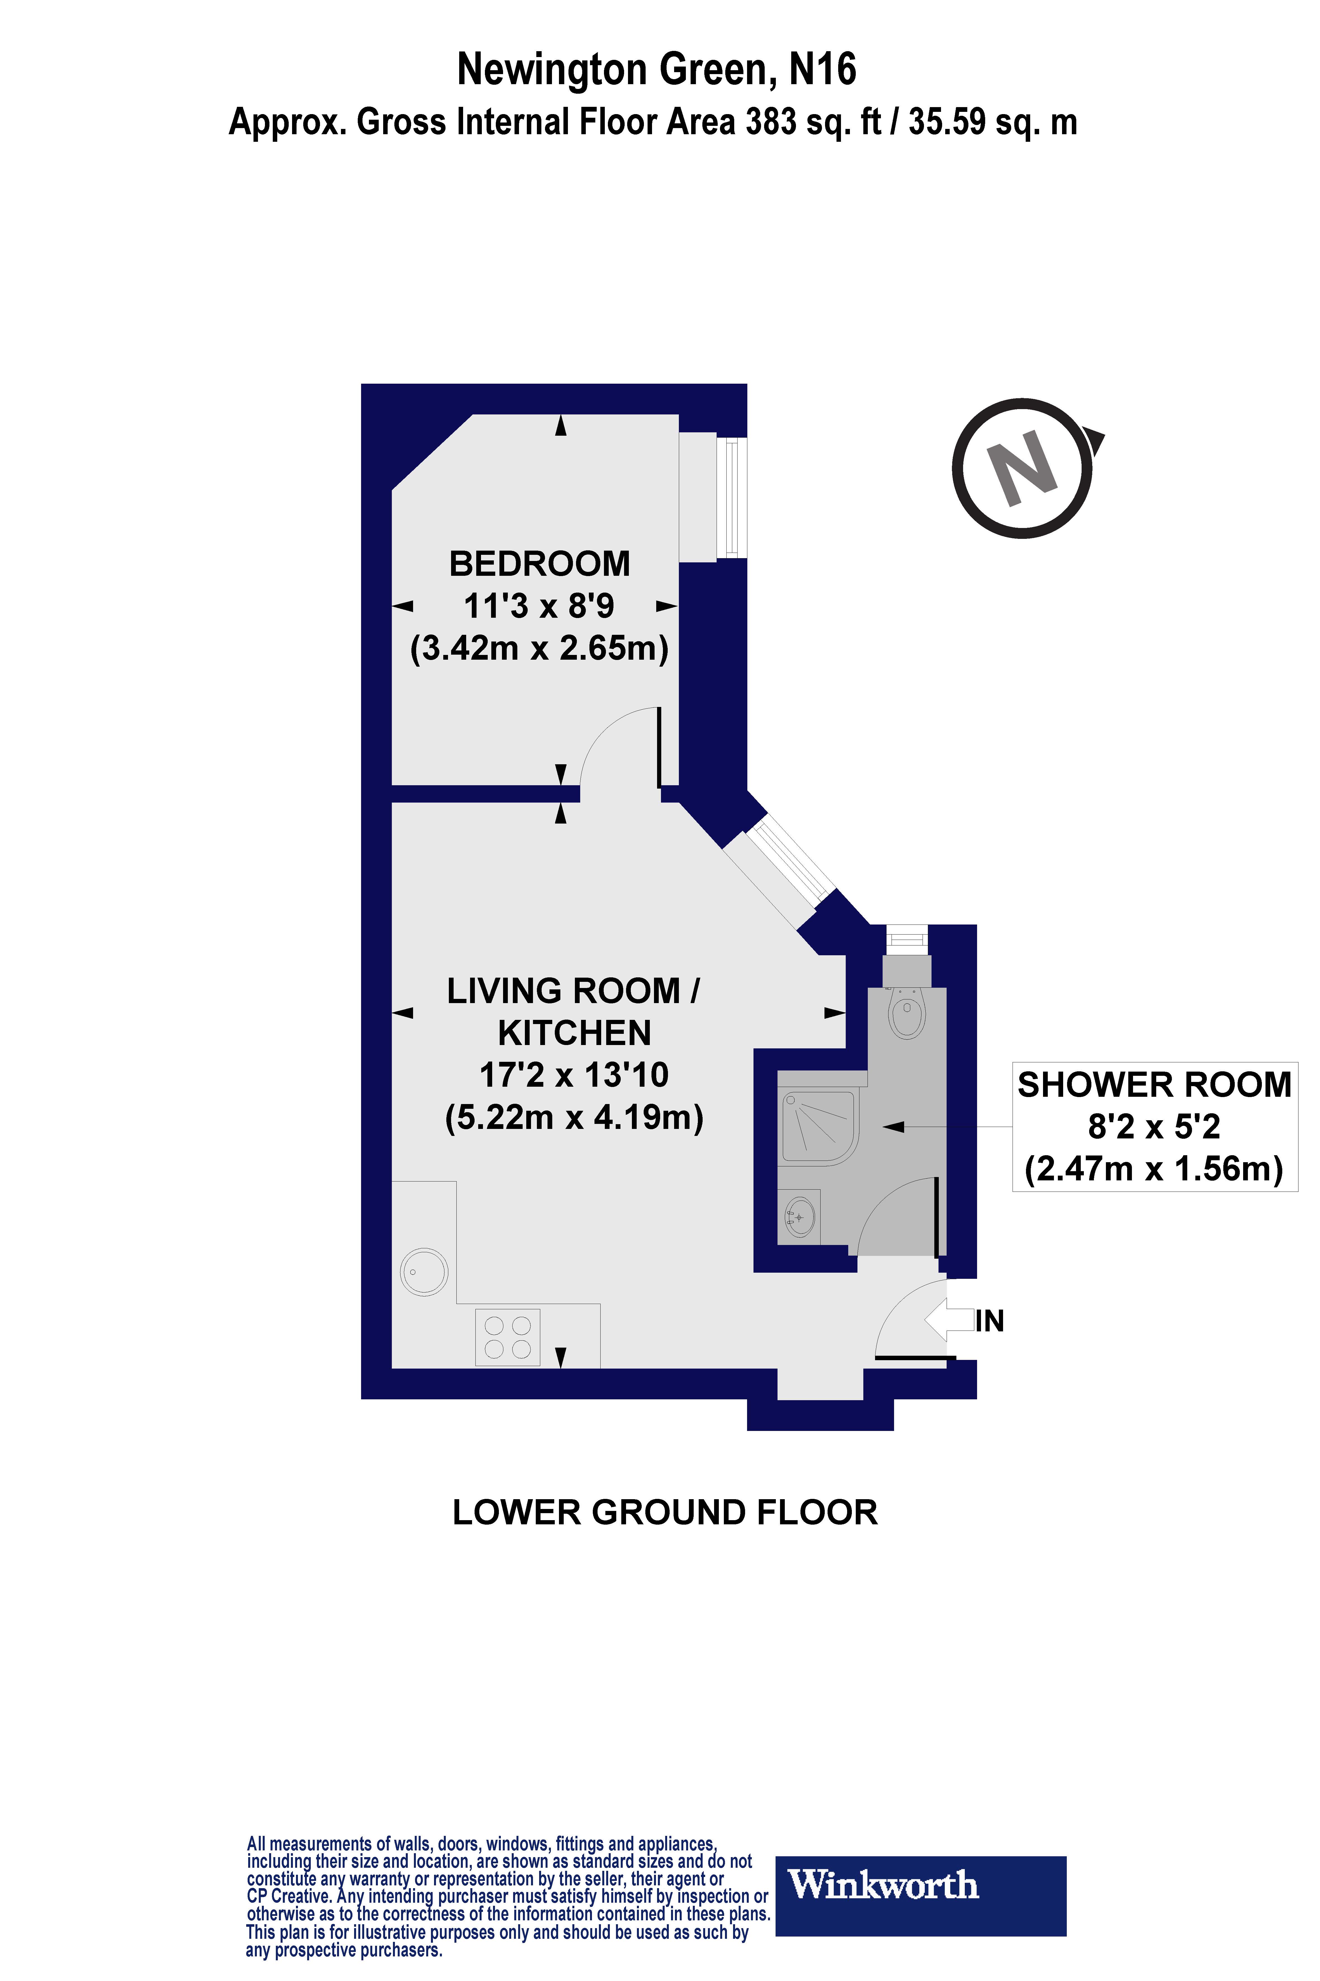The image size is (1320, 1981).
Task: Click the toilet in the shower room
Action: click(x=907, y=1014)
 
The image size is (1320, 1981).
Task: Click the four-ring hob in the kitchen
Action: click(x=508, y=1337)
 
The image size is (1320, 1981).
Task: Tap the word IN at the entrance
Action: click(x=991, y=1321)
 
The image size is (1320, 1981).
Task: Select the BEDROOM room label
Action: click(x=540, y=563)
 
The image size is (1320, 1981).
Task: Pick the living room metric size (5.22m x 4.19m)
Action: click(x=574, y=1118)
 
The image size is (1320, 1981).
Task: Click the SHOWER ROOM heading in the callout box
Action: click(x=1154, y=1085)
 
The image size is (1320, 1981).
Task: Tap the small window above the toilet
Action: click(x=907, y=937)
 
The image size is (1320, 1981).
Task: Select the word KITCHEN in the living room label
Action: click(x=574, y=1033)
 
